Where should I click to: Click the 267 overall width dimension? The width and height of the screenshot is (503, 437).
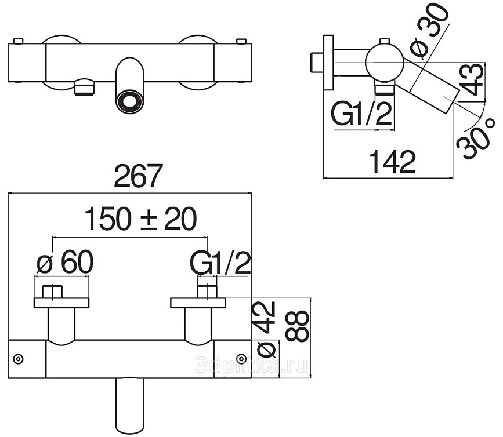(x=139, y=176)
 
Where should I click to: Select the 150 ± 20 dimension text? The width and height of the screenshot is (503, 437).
(x=140, y=219)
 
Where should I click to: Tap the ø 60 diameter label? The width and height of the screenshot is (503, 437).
(x=64, y=262)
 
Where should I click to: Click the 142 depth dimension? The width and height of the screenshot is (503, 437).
(x=392, y=162)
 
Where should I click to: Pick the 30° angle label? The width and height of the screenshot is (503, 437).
(x=474, y=139)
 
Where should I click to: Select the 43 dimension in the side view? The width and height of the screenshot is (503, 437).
(x=471, y=79)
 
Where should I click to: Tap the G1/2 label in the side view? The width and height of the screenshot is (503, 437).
(x=361, y=113)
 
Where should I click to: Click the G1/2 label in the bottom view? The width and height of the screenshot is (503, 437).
(x=221, y=263)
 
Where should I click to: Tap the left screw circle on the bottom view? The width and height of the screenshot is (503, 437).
(x=19, y=359)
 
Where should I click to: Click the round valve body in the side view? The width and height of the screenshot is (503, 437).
(x=384, y=61)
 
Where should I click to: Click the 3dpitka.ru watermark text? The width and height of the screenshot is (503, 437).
(x=251, y=365)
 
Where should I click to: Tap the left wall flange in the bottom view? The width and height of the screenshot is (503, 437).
(x=61, y=303)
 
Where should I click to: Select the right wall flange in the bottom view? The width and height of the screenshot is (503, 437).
(x=198, y=303)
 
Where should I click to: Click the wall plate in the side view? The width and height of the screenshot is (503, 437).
(x=329, y=63)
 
